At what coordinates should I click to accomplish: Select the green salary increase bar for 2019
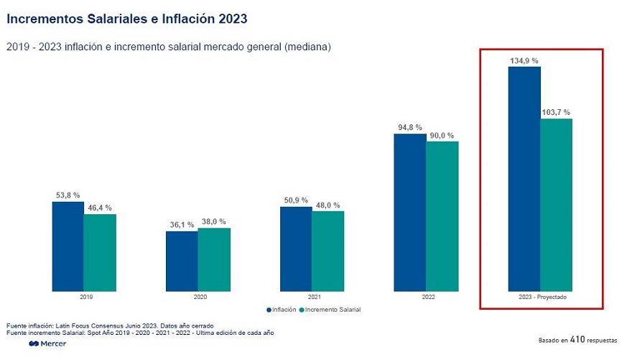100,253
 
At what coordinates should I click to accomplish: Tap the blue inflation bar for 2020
182,262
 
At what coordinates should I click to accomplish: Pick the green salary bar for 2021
328,251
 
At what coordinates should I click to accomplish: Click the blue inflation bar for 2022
409,213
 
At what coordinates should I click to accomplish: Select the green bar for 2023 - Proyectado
556,206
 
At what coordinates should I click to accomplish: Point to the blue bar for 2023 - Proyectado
524,180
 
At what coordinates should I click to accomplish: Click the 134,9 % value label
524,61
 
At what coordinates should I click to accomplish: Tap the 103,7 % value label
556,112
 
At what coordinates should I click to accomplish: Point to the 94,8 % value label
409,127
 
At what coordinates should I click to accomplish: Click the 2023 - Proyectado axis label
540,296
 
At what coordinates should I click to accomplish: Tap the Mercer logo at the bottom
47,344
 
